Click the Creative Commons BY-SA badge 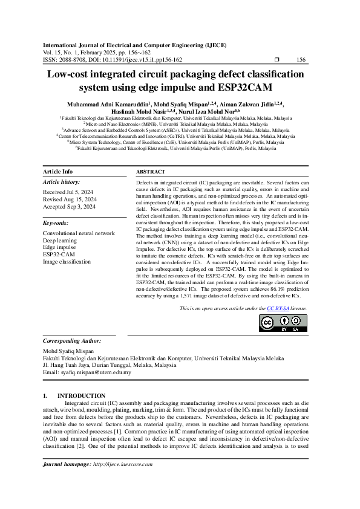click(x=283, y=323)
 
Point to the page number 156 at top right click(x=302, y=60)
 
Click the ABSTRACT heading click(x=151, y=172)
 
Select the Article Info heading click(x=58, y=172)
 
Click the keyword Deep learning click(x=60, y=240)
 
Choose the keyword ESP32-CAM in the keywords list click(x=59, y=254)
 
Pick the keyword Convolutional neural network click(x=79, y=233)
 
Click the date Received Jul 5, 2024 click(x=68, y=191)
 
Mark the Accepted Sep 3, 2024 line click(x=69, y=206)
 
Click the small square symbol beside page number click(x=277, y=60)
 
